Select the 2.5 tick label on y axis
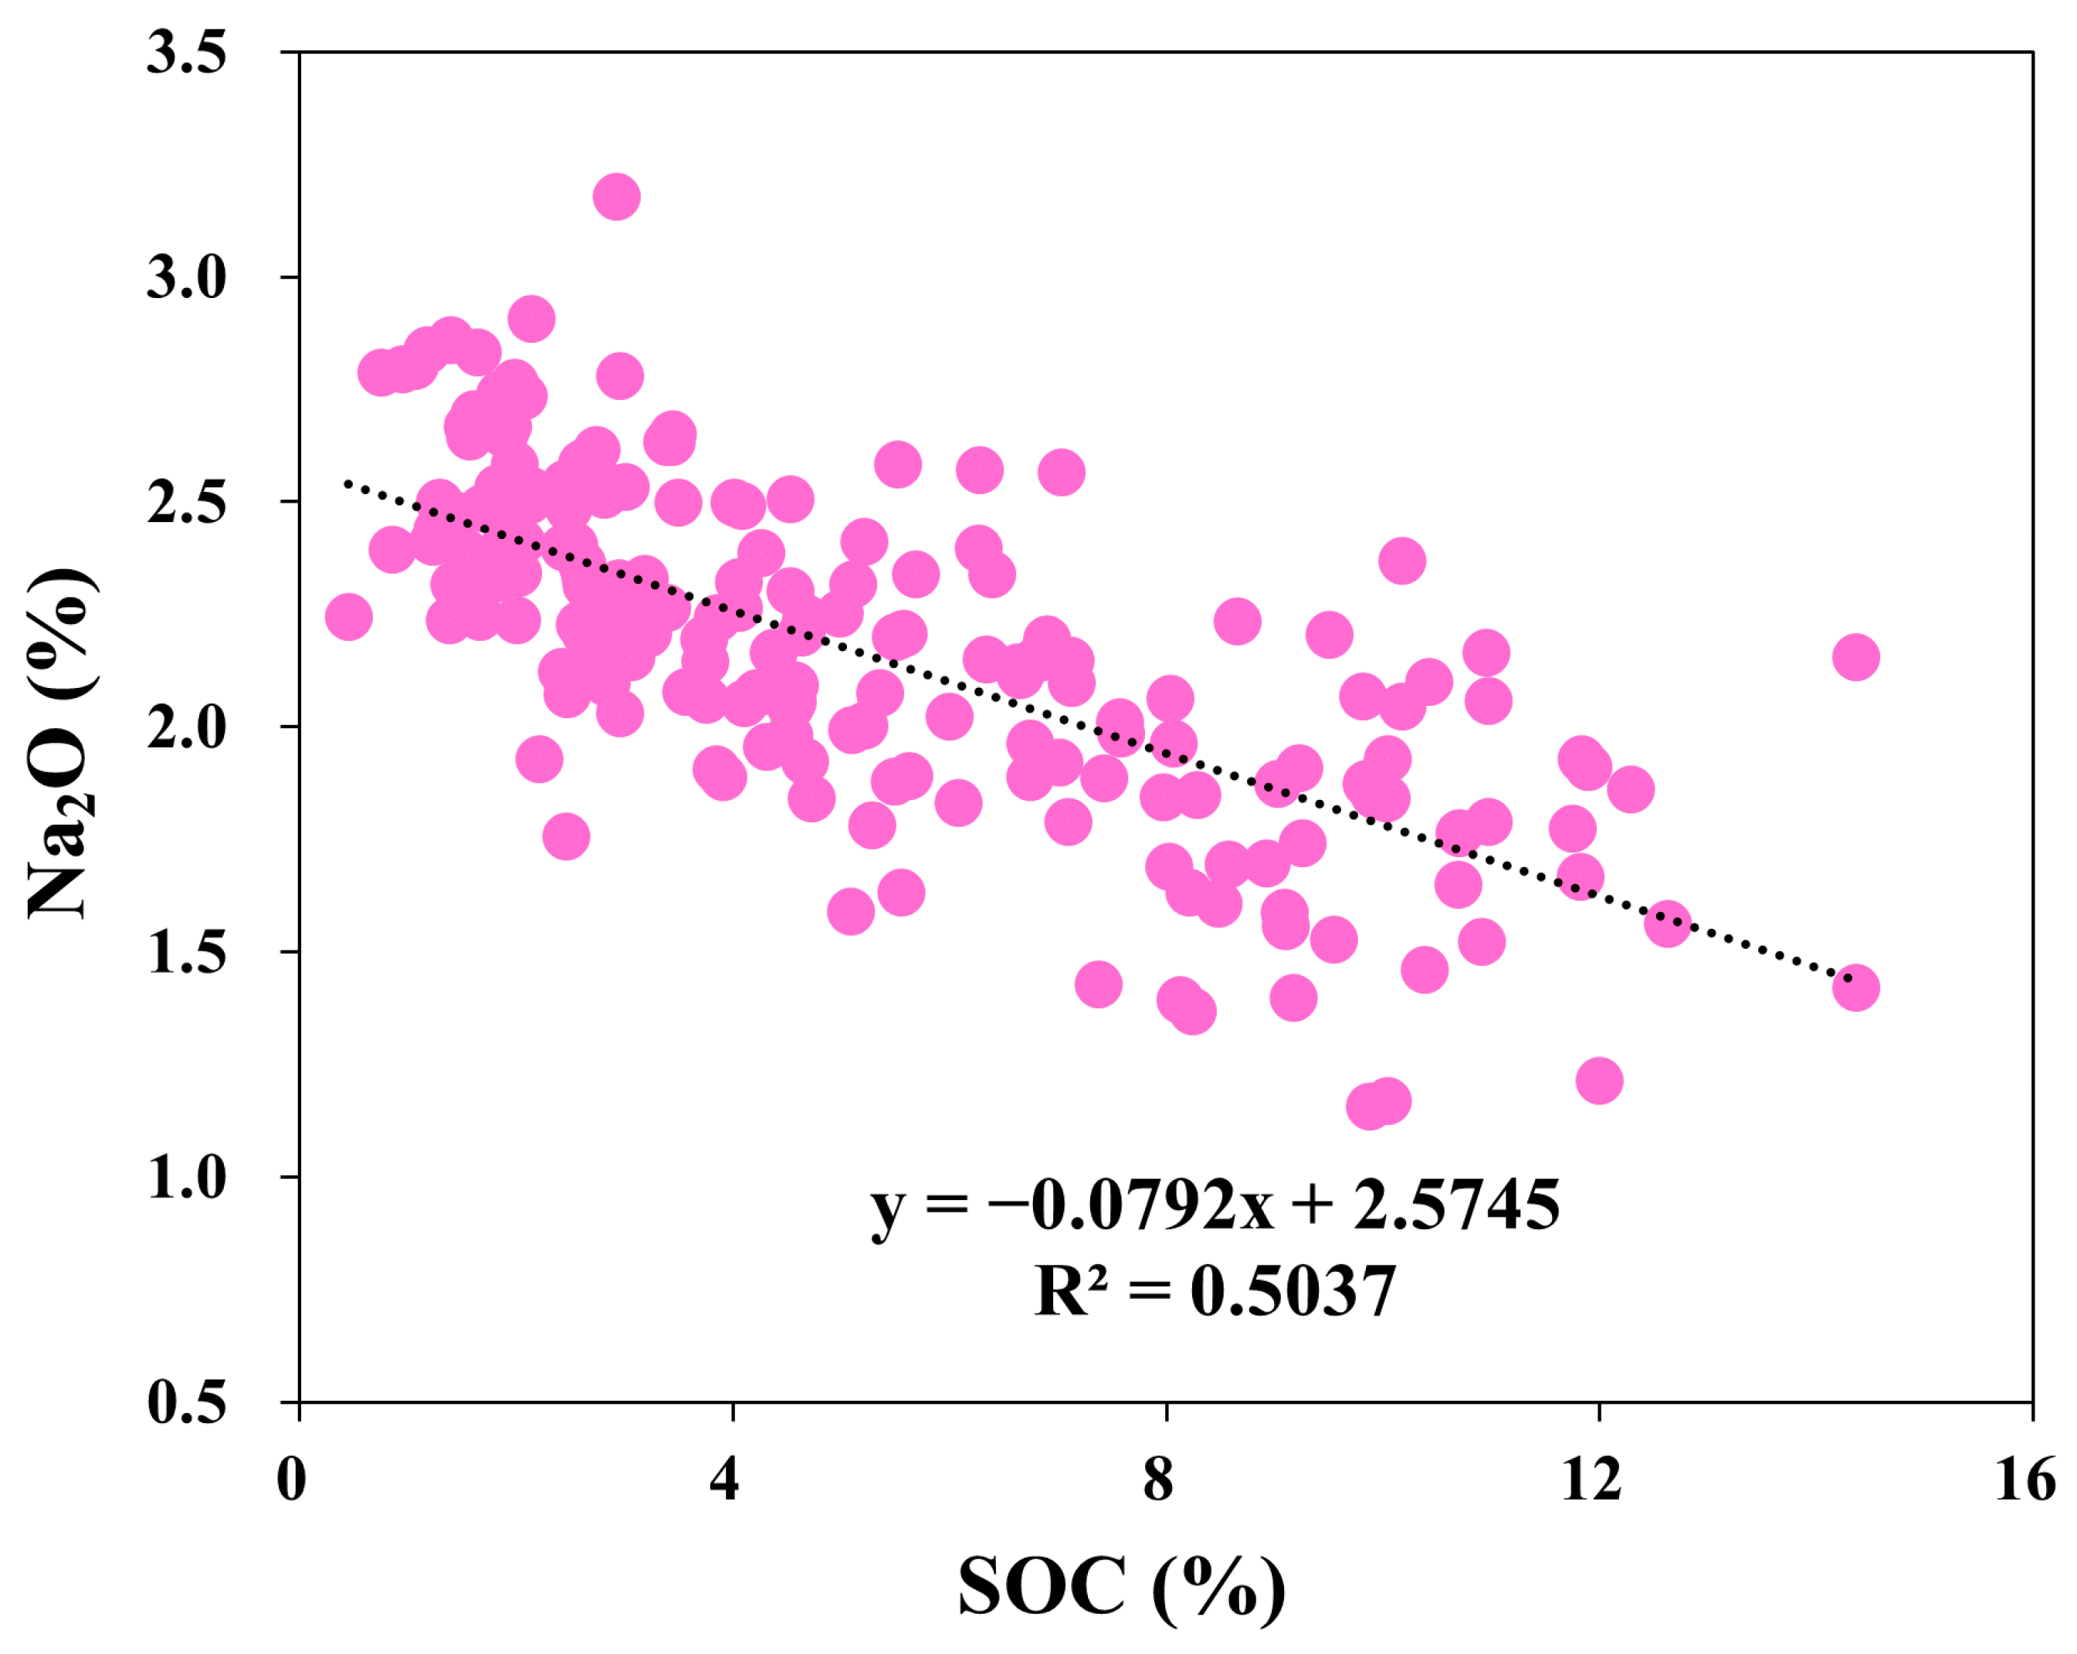[x=186, y=502]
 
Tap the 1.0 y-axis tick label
[x=186, y=1177]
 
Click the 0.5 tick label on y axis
[x=186, y=1402]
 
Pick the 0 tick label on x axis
[x=291, y=1479]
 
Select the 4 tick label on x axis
[x=724, y=1479]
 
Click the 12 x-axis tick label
[x=1591, y=1479]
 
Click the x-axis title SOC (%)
[x=1121, y=1588]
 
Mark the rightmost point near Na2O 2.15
[x=1855, y=657]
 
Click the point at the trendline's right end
[x=1855, y=988]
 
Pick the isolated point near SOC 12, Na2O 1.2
[x=1599, y=1080]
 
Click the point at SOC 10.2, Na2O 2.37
[x=1401, y=561]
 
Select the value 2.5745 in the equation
[x=1455, y=1206]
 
